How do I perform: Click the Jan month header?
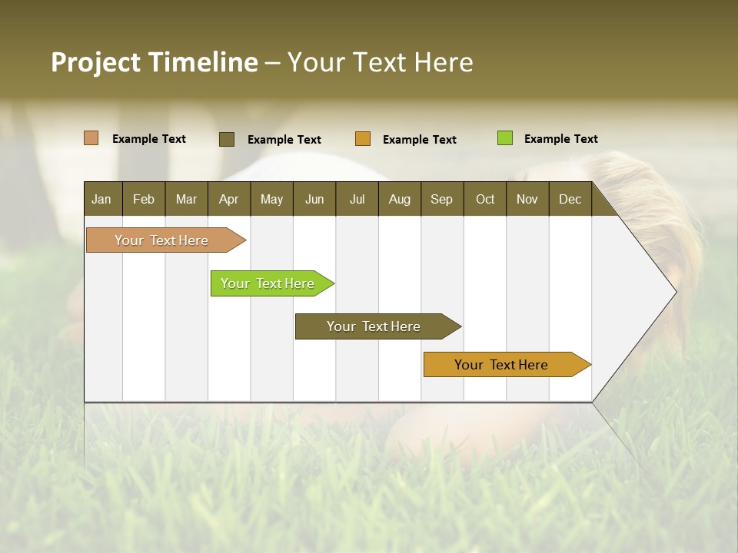point(102,199)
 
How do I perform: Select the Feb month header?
point(144,199)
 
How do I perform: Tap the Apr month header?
point(229,199)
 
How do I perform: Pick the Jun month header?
point(314,199)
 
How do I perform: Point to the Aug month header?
point(400,199)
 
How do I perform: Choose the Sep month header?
point(442,199)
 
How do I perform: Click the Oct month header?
point(485,199)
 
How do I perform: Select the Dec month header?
point(570,199)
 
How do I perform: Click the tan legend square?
point(91,138)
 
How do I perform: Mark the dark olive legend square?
point(227,139)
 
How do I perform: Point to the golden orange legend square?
point(363,139)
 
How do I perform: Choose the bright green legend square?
point(505,138)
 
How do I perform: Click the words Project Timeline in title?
point(155,62)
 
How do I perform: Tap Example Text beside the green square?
point(561,139)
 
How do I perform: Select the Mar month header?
point(187,199)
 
